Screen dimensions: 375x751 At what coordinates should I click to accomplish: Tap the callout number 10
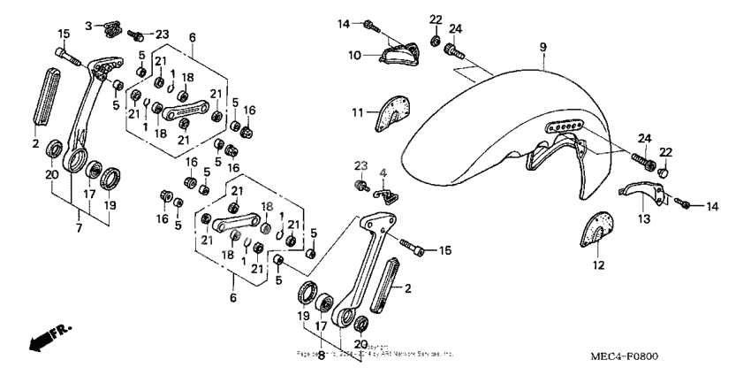pos(353,56)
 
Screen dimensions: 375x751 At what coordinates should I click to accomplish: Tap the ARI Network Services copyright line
pos(375,351)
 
